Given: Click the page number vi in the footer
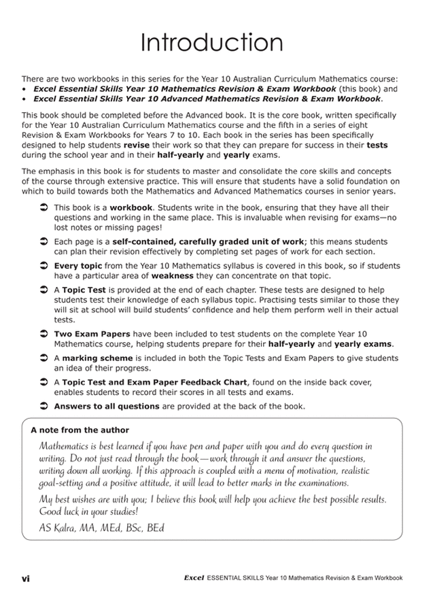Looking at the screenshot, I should pyautogui.click(x=25, y=579).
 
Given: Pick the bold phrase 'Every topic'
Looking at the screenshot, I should pyautogui.click(x=77, y=265).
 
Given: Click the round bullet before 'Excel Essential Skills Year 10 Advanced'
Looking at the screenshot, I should pyautogui.click(x=24, y=99).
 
